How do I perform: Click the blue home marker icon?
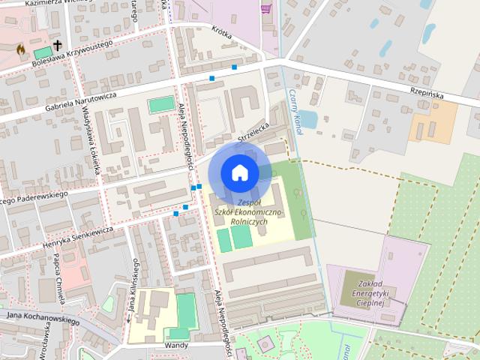point(239,172)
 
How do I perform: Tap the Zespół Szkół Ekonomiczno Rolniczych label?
point(247,212)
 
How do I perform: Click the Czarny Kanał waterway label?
point(295,112)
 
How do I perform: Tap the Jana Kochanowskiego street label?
point(43,318)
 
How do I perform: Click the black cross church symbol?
point(57,46)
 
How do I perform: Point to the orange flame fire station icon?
point(21,49)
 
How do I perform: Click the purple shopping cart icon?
point(265,9)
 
